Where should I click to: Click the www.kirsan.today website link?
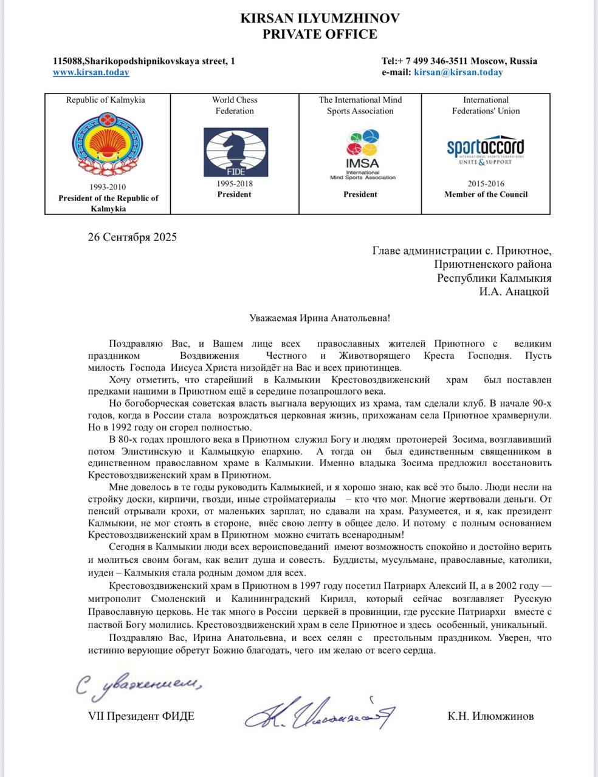pyautogui.click(x=91, y=72)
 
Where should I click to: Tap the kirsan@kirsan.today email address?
pyautogui.click(x=458, y=72)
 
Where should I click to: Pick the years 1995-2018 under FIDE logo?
pyautogui.click(x=234, y=184)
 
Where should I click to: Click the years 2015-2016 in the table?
pyautogui.click(x=486, y=184)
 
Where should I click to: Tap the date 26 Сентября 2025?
pyautogui.click(x=132, y=237)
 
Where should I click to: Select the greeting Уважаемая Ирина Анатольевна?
pyautogui.click(x=320, y=318)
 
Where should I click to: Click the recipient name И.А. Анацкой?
pyautogui.click(x=514, y=291)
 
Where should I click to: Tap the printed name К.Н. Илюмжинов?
pyautogui.click(x=490, y=716)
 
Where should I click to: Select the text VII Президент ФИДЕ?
pyautogui.click(x=142, y=716)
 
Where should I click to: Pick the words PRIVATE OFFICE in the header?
pyautogui.click(x=320, y=35)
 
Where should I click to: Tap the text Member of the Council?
pyautogui.click(x=486, y=195)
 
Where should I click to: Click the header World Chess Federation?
pyautogui.click(x=235, y=106)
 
